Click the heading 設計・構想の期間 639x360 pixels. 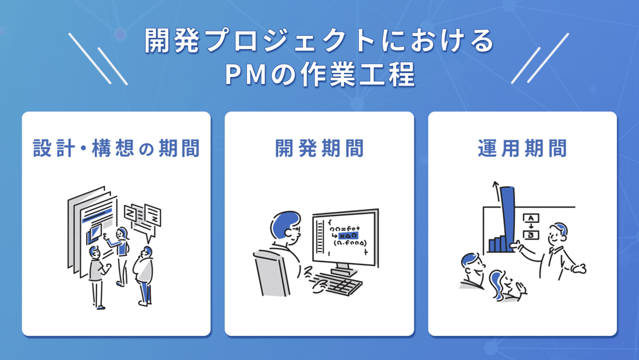coord(116,148)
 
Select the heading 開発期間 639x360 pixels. coord(319,148)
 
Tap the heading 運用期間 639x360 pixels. coord(522,148)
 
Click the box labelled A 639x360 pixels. coord(531,218)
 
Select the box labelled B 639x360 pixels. coord(531,235)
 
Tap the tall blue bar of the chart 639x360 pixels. coord(508,218)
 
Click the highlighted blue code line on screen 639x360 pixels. coord(347,236)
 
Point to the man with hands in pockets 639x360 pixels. coord(144,276)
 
